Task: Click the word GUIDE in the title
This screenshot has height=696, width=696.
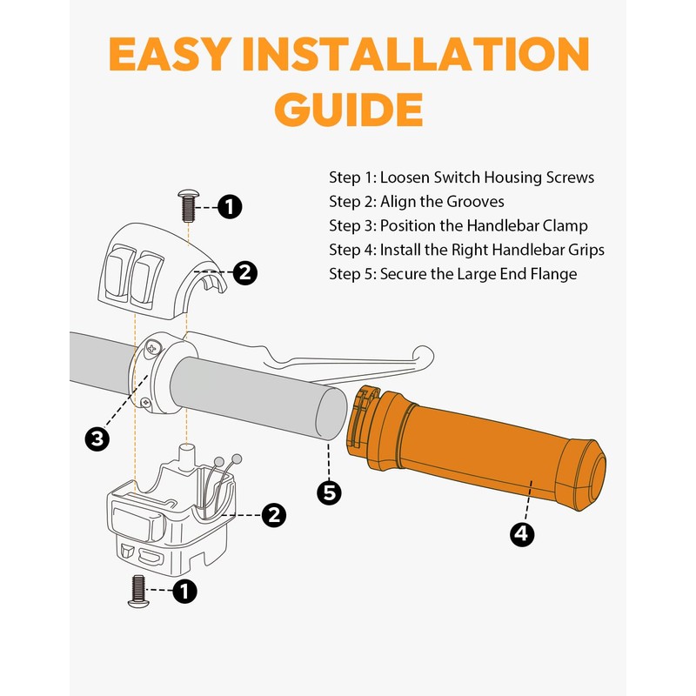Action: click(349, 110)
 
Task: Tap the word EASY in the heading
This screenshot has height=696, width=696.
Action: click(171, 54)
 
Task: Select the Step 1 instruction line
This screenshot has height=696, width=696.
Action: click(462, 177)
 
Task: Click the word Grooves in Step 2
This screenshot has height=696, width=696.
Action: click(475, 202)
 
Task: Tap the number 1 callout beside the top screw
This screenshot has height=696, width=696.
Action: click(230, 207)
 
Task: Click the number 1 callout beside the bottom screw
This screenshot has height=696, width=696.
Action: click(184, 591)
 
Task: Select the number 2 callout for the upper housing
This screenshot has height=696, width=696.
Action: click(245, 272)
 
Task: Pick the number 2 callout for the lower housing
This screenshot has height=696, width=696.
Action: click(273, 515)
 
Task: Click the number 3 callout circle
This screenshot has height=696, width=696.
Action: click(97, 439)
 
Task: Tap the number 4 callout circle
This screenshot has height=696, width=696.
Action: click(522, 533)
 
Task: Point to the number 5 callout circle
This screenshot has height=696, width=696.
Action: click(329, 492)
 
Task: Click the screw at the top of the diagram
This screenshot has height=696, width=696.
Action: click(189, 206)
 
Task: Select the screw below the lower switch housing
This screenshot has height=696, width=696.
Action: click(138, 592)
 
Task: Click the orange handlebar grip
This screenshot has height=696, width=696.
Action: click(475, 448)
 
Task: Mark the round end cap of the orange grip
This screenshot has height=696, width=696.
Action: click(592, 476)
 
